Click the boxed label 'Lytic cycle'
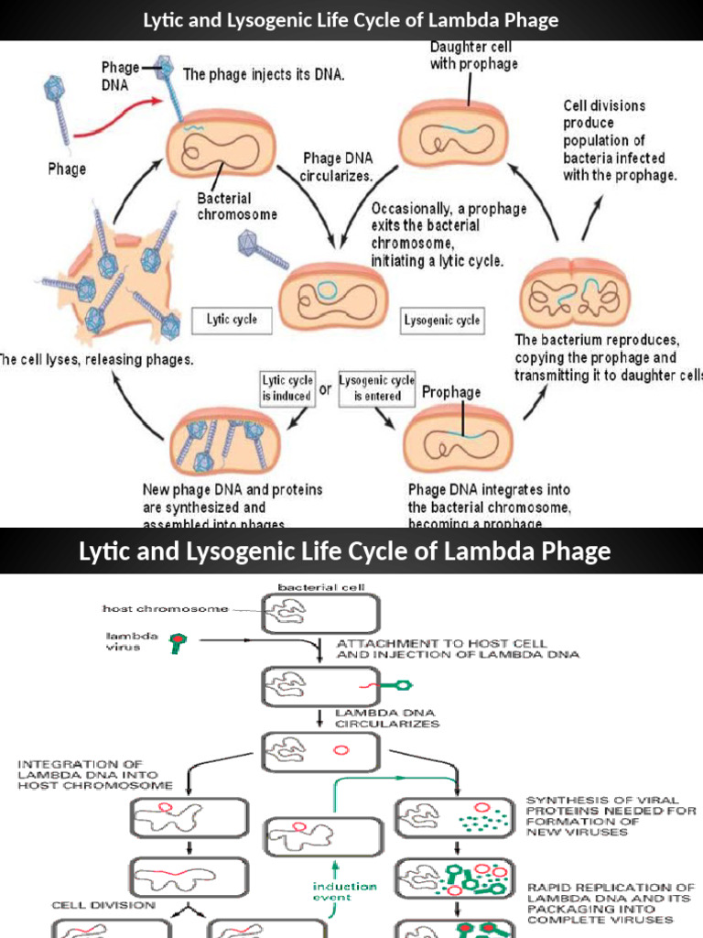click(232, 320)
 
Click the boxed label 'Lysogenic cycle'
click(442, 321)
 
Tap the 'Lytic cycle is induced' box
click(287, 387)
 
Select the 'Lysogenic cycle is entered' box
click(376, 387)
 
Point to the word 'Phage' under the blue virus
click(67, 169)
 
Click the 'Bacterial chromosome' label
click(237, 205)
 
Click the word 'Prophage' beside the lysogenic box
click(451, 392)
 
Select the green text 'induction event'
click(344, 891)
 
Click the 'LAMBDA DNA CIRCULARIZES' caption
click(387, 717)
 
